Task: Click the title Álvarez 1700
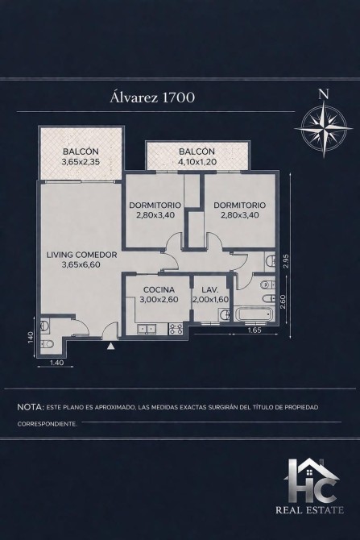152,97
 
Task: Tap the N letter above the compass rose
323,94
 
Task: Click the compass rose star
324,128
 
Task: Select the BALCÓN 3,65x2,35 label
81,156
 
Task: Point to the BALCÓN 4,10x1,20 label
197,156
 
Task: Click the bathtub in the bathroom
254,314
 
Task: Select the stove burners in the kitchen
177,329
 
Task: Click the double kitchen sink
147,329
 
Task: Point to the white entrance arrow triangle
110,346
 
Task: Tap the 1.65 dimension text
255,330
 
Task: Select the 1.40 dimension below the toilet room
56,362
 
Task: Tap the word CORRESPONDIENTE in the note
48,424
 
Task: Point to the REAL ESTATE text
309,509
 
